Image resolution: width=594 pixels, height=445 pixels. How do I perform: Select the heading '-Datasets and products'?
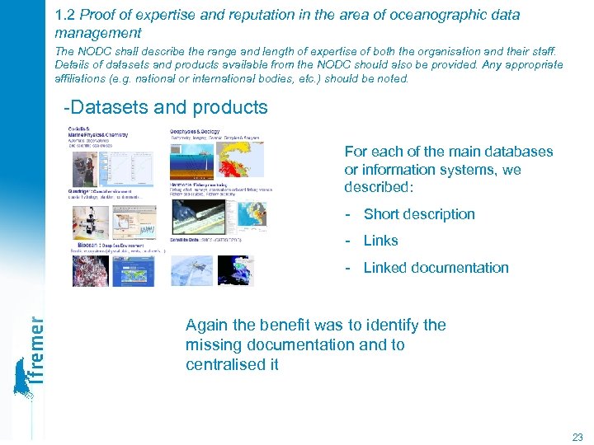click(x=166, y=107)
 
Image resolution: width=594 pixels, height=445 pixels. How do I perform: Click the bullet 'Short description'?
click(x=419, y=214)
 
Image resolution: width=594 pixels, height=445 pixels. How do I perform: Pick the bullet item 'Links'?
click(x=380, y=241)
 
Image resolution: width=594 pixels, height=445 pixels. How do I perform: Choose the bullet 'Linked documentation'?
click(x=436, y=268)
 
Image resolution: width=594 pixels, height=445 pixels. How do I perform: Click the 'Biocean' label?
click(x=90, y=245)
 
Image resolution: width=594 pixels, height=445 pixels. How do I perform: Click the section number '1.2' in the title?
click(x=64, y=16)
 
